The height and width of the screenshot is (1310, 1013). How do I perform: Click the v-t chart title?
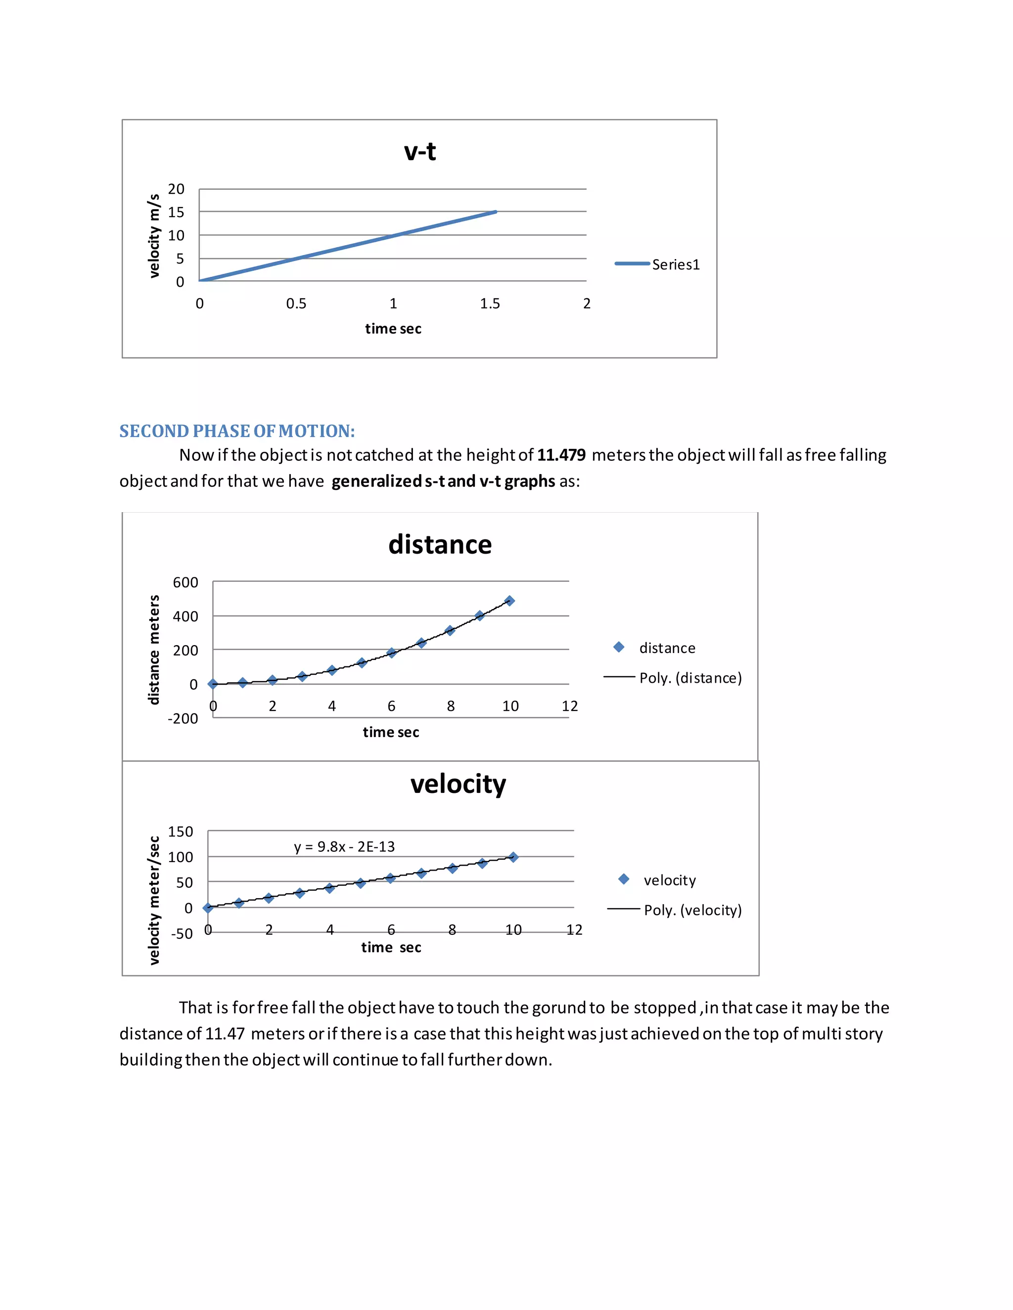pos(419,151)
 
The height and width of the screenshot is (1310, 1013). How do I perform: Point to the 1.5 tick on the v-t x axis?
pos(490,304)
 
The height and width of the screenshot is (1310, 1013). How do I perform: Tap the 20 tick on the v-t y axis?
pos(176,189)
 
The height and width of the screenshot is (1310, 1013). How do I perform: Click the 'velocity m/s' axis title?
pos(154,236)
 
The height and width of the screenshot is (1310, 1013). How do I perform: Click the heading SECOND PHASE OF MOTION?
pos(237,431)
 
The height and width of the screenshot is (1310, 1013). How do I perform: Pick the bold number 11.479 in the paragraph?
pos(561,455)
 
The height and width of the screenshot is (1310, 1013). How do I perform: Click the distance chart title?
pos(440,545)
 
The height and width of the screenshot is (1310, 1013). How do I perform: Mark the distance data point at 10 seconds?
pos(509,601)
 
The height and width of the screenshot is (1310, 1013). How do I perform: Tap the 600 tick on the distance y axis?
pos(185,582)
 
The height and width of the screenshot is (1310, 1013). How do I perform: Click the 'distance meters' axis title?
pos(154,650)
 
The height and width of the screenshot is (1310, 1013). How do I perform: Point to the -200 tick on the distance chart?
pos(183,719)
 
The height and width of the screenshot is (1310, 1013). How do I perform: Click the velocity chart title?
pos(458,784)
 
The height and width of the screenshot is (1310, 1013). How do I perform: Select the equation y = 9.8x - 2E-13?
pos(344,846)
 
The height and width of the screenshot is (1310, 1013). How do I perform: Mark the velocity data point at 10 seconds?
pos(513,857)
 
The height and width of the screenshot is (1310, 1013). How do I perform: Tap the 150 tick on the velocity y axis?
pos(180,831)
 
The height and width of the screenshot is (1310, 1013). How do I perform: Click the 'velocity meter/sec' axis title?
pos(154,900)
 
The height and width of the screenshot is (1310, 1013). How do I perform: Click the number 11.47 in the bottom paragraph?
pos(225,1034)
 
